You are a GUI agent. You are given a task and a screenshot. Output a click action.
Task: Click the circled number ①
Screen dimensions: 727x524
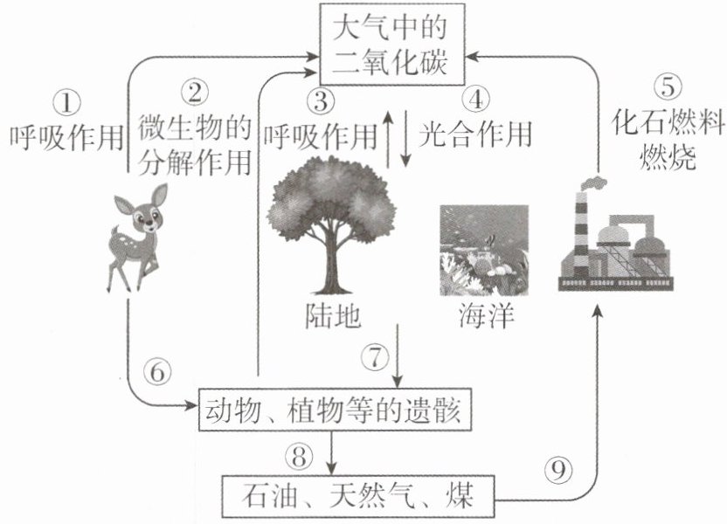(67, 103)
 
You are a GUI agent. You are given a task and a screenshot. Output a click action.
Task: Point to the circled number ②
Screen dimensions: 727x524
(195, 92)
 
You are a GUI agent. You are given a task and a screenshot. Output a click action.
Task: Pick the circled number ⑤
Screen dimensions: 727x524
(668, 86)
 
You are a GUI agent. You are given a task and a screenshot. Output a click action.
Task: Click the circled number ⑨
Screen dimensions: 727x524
(557, 471)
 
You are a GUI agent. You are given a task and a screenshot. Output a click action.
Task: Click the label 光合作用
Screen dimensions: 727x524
(475, 134)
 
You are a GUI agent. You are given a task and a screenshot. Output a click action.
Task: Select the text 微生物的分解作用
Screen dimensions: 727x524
(195, 146)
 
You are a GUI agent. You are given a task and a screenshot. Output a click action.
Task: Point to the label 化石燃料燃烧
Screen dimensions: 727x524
(668, 140)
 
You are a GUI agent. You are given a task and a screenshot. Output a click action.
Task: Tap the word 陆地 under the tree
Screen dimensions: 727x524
(333, 316)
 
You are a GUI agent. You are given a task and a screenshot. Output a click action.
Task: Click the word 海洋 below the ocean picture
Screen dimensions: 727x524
(486, 316)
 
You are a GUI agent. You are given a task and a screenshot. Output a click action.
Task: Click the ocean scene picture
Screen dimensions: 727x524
(484, 250)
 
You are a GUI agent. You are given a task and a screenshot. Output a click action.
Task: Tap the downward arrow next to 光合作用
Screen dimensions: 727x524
(406, 138)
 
